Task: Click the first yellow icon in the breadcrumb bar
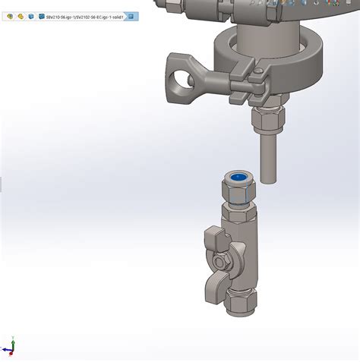[10, 16]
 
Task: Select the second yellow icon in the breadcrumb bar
[21, 16]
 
